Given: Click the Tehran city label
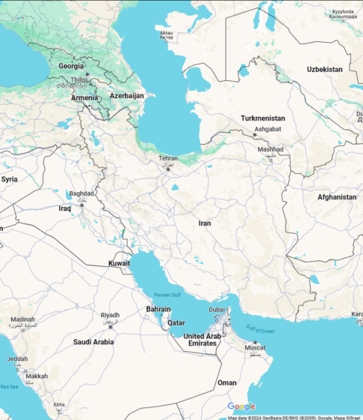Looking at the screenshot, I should click(x=168, y=158).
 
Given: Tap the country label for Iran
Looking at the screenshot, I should click(x=205, y=223).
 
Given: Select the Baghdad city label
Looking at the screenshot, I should click(x=81, y=193).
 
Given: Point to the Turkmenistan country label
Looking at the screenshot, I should click(x=262, y=118).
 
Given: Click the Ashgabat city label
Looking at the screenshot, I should click(x=267, y=129).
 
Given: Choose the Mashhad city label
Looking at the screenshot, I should click(x=271, y=149).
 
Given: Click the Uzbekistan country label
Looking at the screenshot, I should click(x=324, y=69).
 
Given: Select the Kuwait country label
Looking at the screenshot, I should click(x=119, y=263).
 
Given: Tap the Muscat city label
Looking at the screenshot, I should click(x=256, y=348).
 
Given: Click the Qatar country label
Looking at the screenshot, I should click(x=175, y=323).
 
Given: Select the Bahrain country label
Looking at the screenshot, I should click(x=157, y=309).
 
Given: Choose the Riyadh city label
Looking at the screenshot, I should click(x=110, y=315).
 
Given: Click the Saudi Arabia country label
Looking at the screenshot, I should click(x=93, y=342).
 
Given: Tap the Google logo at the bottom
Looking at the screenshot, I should click(x=241, y=406).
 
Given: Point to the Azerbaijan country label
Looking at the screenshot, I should click(x=127, y=96).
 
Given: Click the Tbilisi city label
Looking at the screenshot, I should click(x=78, y=79).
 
